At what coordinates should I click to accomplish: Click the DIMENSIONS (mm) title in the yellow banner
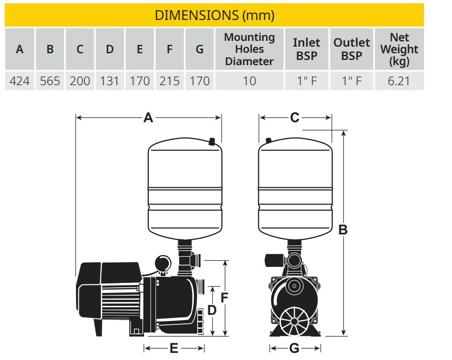[214, 15]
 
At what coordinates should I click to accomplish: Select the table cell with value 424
[19, 81]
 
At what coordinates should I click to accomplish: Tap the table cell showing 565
[50, 81]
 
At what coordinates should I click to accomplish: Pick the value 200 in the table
[80, 81]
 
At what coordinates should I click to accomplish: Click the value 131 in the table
[109, 81]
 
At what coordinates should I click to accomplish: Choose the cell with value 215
[170, 81]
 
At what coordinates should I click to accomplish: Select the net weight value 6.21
[399, 81]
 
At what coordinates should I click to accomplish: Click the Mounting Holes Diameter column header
[250, 49]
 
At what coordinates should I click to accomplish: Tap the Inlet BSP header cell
[307, 49]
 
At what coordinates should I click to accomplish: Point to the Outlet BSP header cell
[351, 49]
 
